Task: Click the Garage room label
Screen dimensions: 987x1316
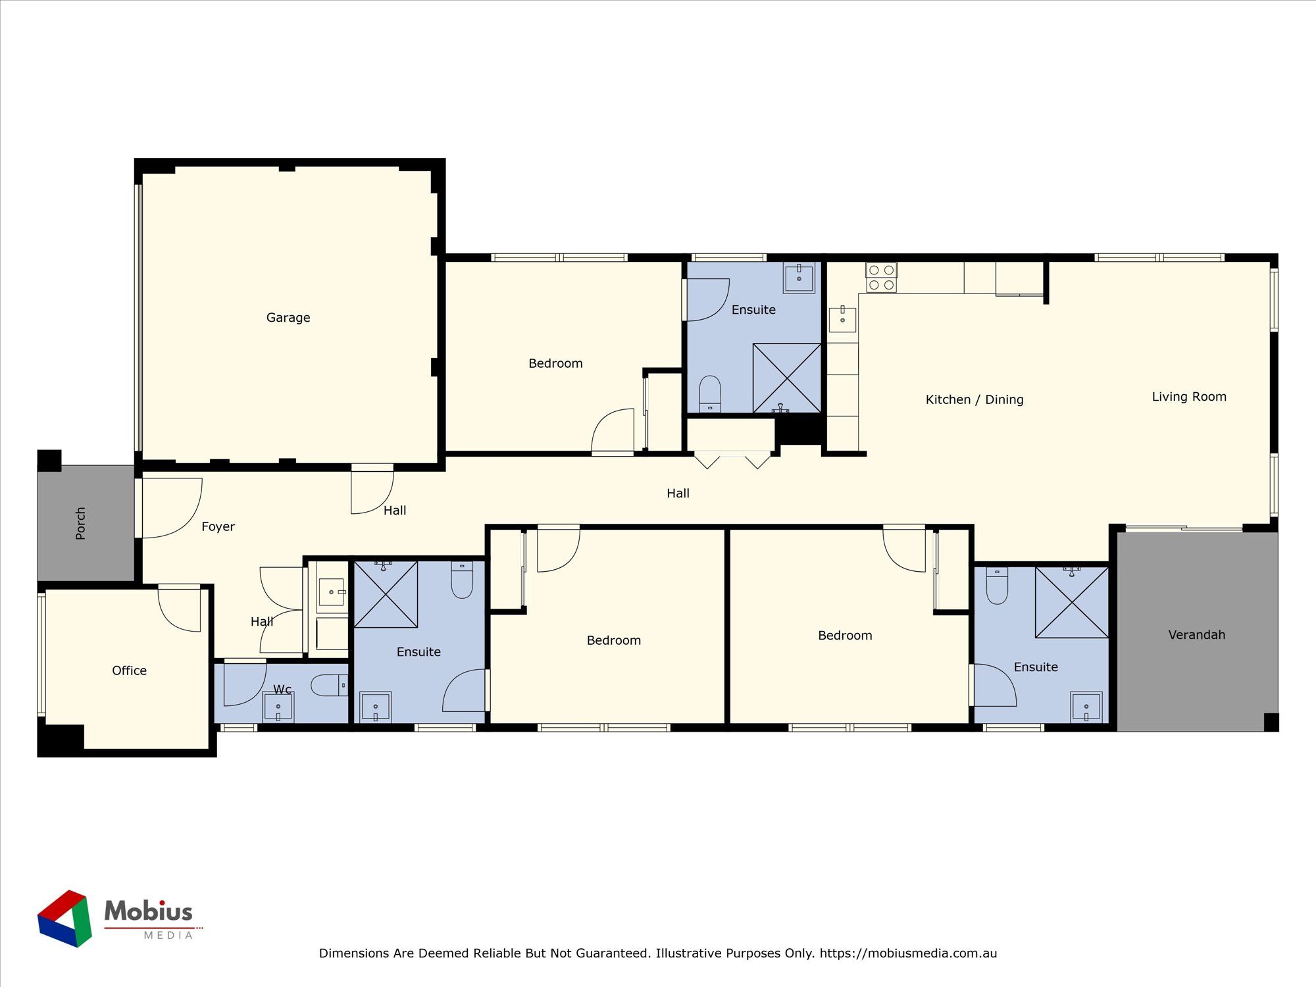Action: click(288, 318)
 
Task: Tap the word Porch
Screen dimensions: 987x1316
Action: click(81, 523)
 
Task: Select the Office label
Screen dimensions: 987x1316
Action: click(129, 671)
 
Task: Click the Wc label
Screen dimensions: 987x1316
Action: click(282, 690)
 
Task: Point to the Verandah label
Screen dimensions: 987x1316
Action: click(1196, 635)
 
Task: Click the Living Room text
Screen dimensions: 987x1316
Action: click(1188, 397)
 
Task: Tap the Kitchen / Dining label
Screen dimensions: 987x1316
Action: click(974, 399)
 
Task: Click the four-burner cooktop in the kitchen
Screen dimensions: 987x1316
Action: click(881, 278)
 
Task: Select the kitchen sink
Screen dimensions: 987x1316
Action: click(842, 320)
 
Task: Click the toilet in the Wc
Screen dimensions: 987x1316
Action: click(330, 686)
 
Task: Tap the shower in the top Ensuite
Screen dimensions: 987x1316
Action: click(787, 378)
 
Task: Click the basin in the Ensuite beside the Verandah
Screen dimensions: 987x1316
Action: click(1086, 707)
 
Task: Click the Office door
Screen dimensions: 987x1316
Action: click(180, 609)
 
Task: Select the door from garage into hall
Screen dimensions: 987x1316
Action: click(372, 490)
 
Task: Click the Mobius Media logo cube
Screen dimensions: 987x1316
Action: click(64, 919)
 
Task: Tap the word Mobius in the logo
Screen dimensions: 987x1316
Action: click(149, 911)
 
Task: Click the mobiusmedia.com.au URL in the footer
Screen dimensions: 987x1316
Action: click(908, 953)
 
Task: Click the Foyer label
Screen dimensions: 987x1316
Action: click(218, 527)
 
